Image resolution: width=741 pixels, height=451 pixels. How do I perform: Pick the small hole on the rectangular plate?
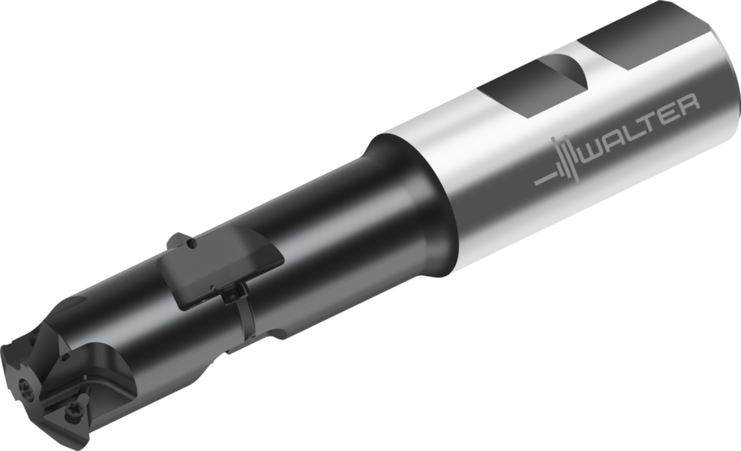coord(190,244)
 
